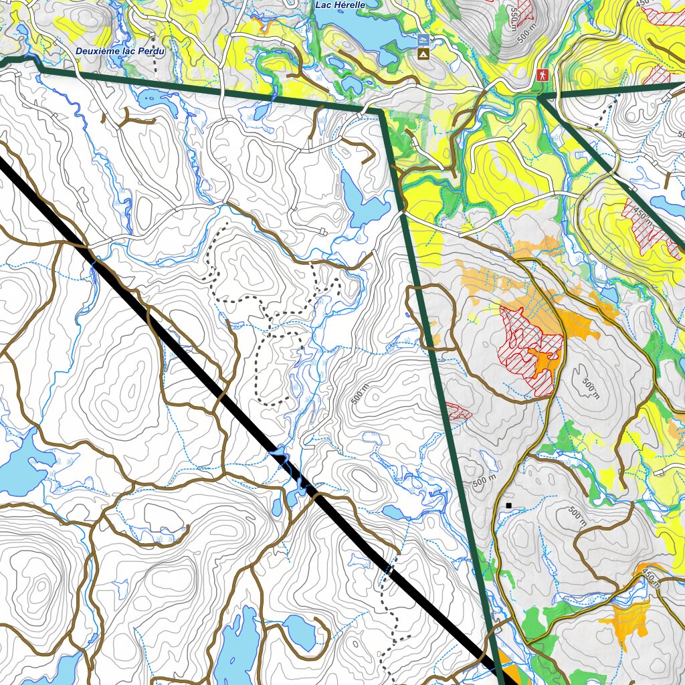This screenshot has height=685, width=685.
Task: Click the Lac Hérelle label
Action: point(340,5)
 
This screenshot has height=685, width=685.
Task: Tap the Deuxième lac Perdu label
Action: point(120,51)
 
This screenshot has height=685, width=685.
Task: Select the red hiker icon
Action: point(543,76)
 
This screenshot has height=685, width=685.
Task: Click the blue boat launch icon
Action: point(423,39)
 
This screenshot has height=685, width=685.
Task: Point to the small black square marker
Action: point(509,505)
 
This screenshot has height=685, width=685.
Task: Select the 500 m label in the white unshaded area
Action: point(360,395)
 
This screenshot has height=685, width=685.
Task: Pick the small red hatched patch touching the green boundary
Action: point(458,411)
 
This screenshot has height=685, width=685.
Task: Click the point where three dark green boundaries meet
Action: point(539,98)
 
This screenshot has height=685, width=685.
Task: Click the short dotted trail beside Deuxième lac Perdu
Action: point(155,62)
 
